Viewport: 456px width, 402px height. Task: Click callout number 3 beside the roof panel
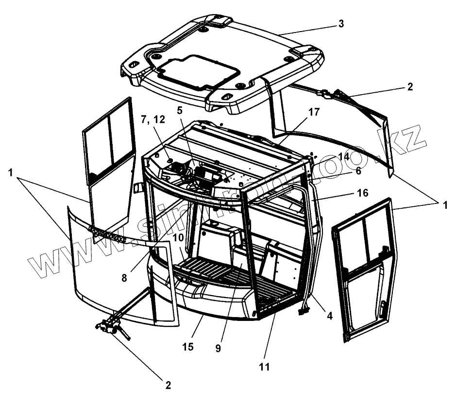click(x=341, y=24)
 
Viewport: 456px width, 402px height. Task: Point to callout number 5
click(x=180, y=110)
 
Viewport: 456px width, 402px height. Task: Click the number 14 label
click(x=344, y=156)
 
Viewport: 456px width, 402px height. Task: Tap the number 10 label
click(x=177, y=239)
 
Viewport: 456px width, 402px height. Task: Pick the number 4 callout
click(x=329, y=316)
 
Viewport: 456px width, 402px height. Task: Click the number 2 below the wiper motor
click(x=168, y=385)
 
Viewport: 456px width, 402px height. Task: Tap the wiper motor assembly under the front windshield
click(x=111, y=326)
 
